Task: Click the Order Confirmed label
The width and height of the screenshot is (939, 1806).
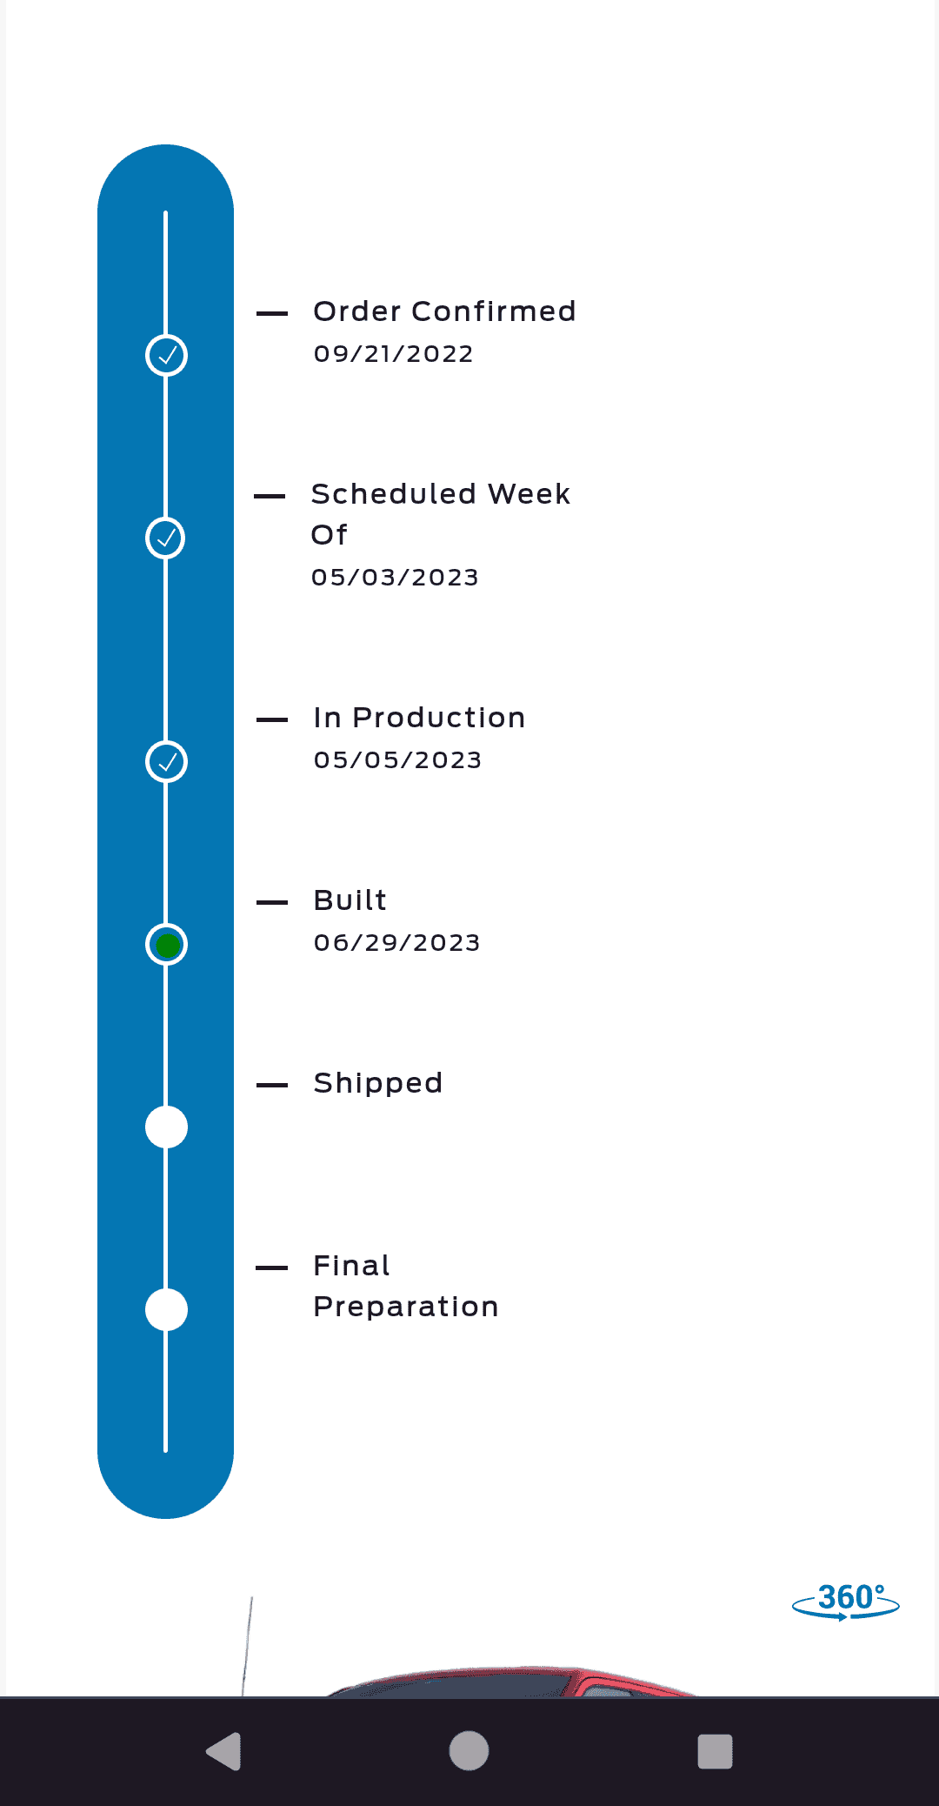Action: [444, 311]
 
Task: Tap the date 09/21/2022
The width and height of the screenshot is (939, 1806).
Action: [393, 354]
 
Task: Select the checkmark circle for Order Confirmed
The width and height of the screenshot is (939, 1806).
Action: [166, 355]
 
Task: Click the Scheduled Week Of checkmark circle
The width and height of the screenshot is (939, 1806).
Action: [165, 538]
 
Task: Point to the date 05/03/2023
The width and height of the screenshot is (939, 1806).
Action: [395, 578]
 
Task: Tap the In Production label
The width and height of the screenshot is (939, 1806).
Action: [419, 718]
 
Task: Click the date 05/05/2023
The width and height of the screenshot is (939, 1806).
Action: [397, 760]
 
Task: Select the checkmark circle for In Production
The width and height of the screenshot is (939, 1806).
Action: [166, 762]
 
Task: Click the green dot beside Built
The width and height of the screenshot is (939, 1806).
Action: [167, 945]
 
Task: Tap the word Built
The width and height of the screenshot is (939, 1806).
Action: [350, 900]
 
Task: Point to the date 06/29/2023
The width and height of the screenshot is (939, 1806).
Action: [396, 943]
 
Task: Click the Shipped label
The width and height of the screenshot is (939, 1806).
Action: [377, 1083]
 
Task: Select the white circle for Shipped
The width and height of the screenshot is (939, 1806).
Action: [166, 1127]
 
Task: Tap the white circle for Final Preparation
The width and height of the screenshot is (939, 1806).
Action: [166, 1310]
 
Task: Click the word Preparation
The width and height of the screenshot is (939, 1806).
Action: [405, 1307]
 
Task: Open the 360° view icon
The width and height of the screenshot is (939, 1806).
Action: [846, 1602]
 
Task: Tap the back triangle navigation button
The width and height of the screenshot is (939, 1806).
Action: [224, 1751]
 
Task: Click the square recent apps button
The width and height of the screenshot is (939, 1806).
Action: [715, 1751]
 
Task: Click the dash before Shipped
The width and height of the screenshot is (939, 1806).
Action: [272, 1085]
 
